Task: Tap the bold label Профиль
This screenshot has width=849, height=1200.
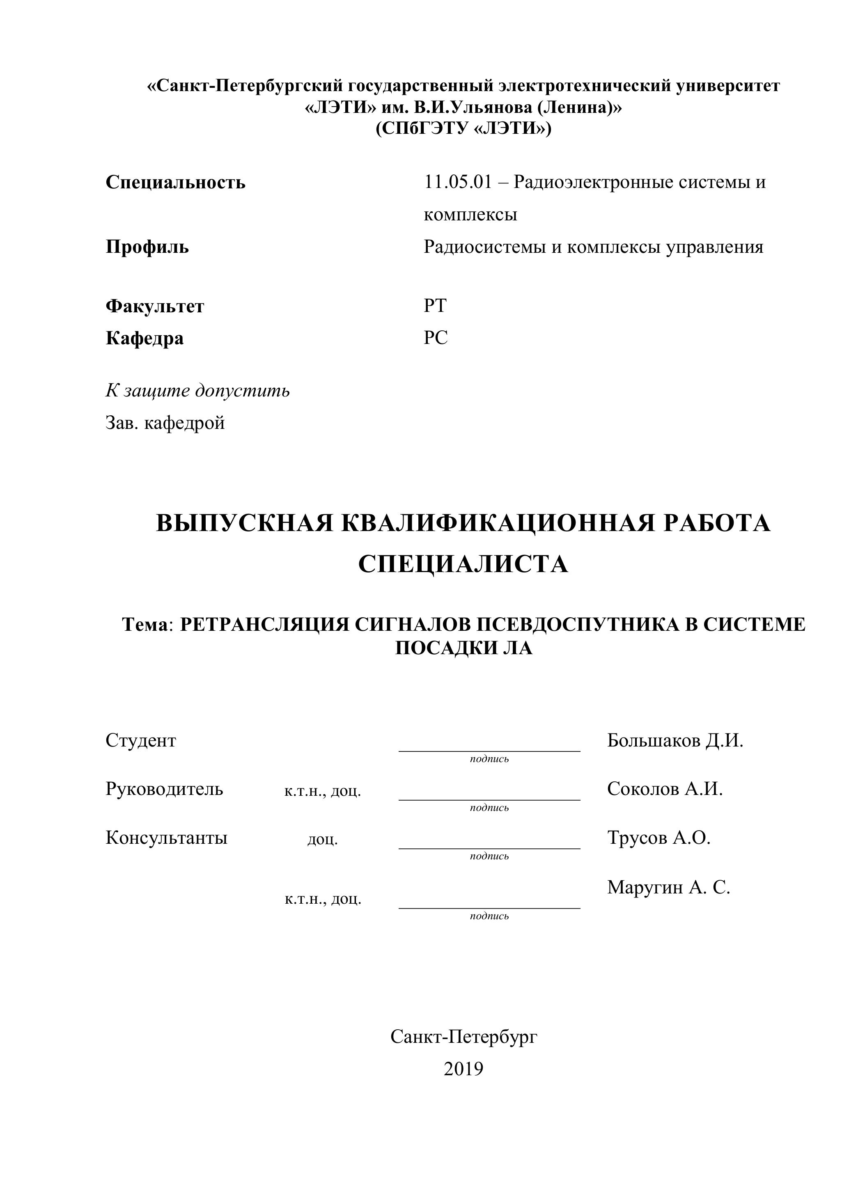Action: click(x=147, y=247)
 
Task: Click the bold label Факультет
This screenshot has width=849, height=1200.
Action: click(x=155, y=306)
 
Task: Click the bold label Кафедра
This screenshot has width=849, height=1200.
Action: click(x=145, y=338)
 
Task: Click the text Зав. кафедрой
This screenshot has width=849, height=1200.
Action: click(x=165, y=422)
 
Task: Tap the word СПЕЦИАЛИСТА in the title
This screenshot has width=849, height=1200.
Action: click(x=463, y=564)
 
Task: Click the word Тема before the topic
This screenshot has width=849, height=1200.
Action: click(x=146, y=625)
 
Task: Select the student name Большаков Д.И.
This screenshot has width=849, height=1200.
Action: click(x=675, y=740)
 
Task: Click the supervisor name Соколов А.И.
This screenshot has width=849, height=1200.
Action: click(x=665, y=789)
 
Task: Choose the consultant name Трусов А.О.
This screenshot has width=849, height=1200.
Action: click(x=659, y=837)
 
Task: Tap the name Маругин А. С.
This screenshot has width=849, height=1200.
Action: click(x=669, y=887)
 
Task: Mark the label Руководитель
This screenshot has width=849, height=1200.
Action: click(x=164, y=789)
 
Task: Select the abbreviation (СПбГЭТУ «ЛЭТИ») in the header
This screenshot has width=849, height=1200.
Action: click(x=463, y=128)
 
